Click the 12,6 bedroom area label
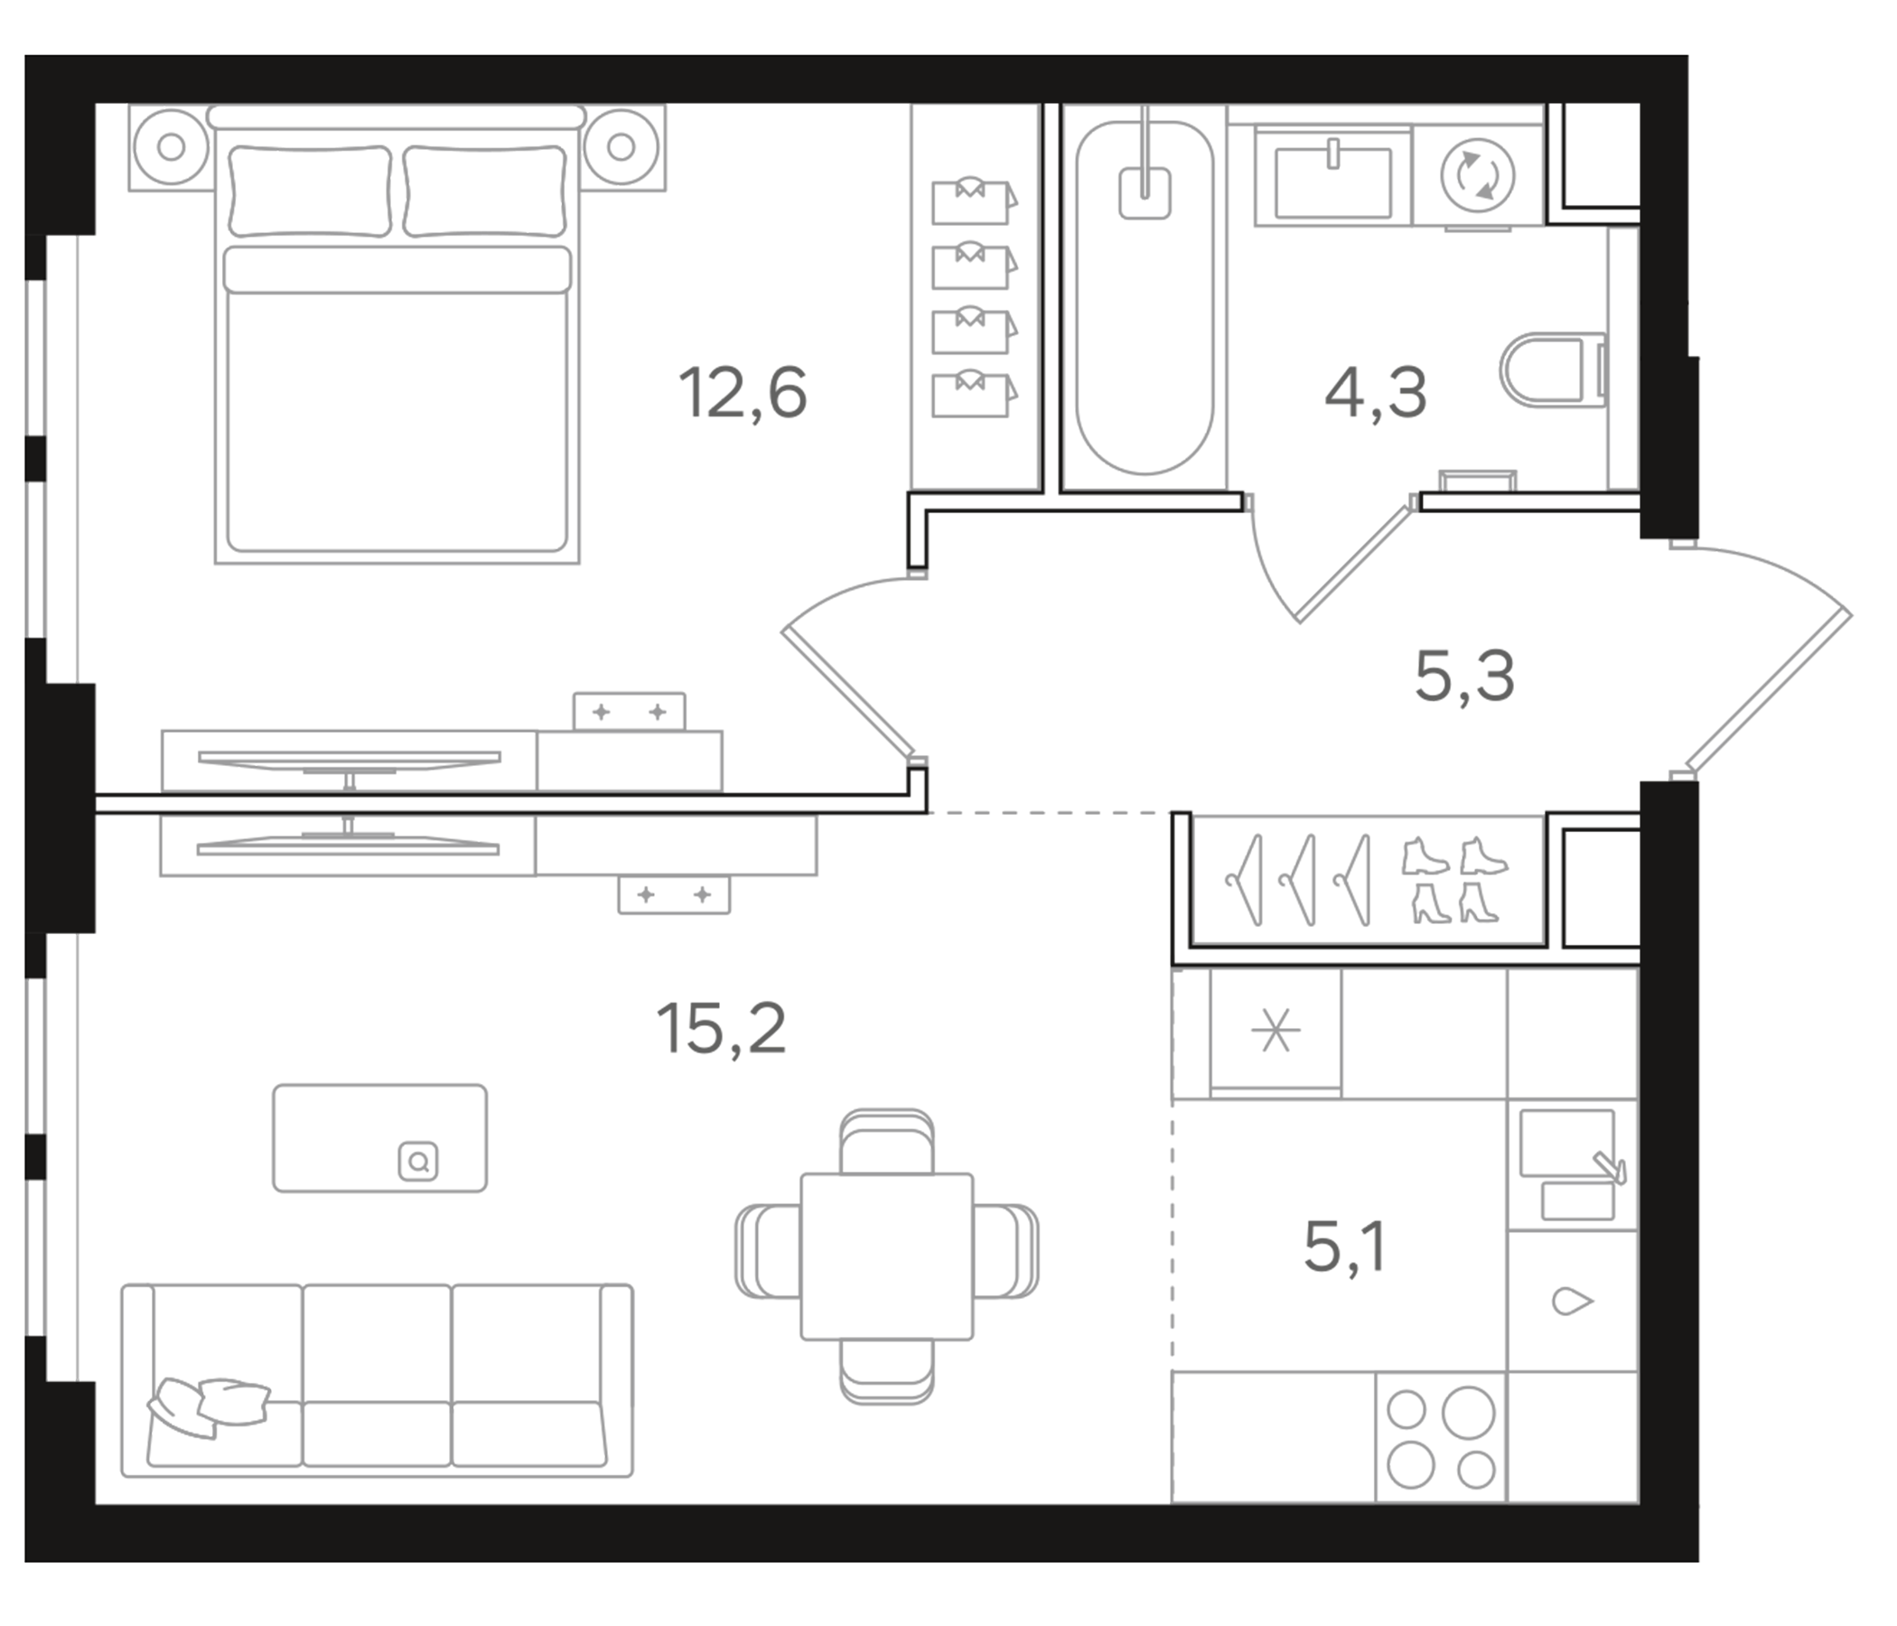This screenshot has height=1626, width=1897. point(743,394)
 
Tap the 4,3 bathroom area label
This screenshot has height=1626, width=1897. point(1375,394)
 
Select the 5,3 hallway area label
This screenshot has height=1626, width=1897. point(1464,677)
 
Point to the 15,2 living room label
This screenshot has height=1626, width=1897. point(721,1029)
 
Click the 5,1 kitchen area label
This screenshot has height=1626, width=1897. point(1344,1248)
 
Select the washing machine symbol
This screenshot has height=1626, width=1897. point(1477,176)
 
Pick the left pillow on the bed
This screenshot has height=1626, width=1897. point(310,191)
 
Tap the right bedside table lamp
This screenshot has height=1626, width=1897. point(621,146)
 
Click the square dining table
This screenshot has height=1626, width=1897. point(886,1257)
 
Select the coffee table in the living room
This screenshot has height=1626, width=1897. point(379,1138)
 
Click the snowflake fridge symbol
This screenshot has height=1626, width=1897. point(1276,1032)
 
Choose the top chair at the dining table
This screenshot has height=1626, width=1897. point(886,1144)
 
